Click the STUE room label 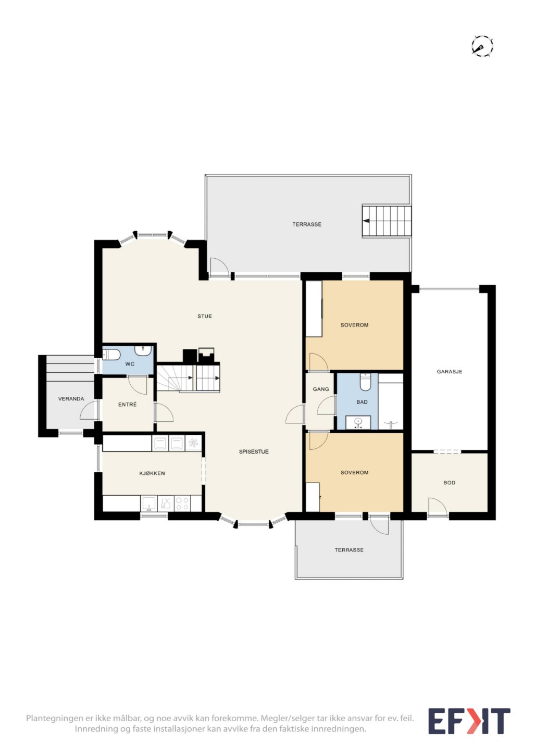pos(204,316)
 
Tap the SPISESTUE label pos(254,451)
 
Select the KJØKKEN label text pos(152,473)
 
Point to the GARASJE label pos(449,372)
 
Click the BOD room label pos(449,483)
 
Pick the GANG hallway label pos(321,389)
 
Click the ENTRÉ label pos(127,405)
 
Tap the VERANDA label pos(71,399)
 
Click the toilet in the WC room pos(111,355)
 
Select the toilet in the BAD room pos(365,382)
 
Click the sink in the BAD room pos(358,422)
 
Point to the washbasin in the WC pos(143,350)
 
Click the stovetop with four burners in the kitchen pos(182,504)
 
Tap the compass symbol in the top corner pos(482,46)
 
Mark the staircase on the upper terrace pos(387,221)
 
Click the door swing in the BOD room pos(438,507)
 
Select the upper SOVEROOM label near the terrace pos(354,325)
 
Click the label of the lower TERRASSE pos(349,550)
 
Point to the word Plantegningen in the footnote pos(54,718)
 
